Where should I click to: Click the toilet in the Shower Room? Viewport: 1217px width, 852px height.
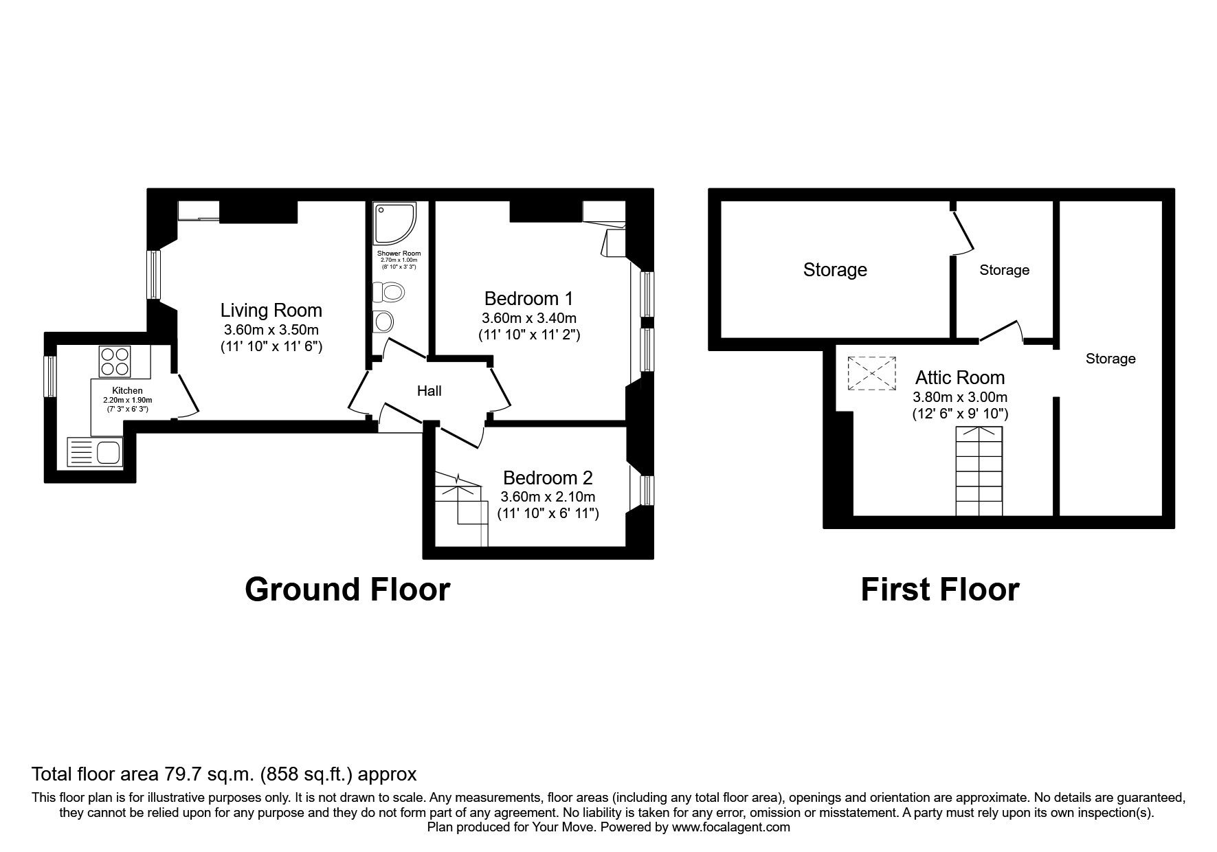click(x=389, y=293)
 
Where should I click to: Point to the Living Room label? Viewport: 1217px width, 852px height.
click(x=271, y=310)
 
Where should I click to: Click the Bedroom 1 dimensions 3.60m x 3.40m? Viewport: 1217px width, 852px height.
click(x=528, y=318)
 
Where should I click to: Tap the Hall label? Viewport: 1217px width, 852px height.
click(x=429, y=391)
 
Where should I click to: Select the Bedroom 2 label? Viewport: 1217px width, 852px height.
click(x=547, y=478)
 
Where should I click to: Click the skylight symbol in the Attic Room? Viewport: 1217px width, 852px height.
click(x=872, y=373)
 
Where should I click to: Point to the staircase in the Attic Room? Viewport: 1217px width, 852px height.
click(x=979, y=471)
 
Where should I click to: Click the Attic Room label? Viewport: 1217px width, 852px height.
click(x=959, y=377)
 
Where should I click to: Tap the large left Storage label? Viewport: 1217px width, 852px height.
click(x=834, y=270)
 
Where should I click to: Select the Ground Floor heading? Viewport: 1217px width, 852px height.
click(x=347, y=590)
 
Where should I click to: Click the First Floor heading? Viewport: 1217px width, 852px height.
click(x=939, y=590)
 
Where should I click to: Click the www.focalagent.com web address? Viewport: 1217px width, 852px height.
click(x=730, y=827)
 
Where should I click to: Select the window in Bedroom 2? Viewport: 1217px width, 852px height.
click(x=647, y=490)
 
